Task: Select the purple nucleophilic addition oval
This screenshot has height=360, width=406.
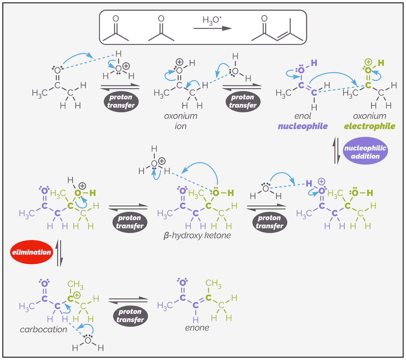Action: coord(365,151)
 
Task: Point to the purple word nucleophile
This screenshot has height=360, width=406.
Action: coord(302,126)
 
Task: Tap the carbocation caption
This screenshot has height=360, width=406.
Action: coord(43,329)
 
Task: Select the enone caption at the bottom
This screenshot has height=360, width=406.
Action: coord(196,327)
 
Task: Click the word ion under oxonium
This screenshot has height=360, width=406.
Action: coord(181,126)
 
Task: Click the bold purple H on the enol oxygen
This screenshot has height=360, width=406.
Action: coord(313,63)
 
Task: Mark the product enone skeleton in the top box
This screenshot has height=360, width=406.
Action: coord(277,30)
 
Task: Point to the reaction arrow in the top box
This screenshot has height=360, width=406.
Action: coord(212,29)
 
